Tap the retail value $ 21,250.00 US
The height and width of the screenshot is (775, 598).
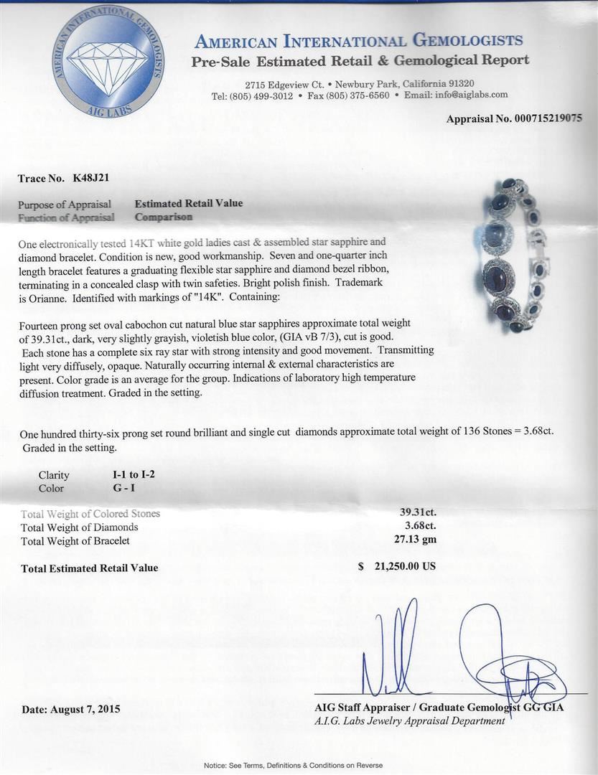397,566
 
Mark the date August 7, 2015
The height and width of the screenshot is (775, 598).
71,709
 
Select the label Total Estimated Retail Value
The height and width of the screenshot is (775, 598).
90,568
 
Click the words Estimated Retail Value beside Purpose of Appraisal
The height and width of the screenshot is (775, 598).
189,203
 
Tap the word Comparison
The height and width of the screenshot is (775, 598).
163,216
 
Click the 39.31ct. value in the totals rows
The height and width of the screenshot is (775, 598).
418,513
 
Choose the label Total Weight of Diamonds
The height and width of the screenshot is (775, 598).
80,527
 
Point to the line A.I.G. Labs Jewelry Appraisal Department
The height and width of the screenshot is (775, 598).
410,720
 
